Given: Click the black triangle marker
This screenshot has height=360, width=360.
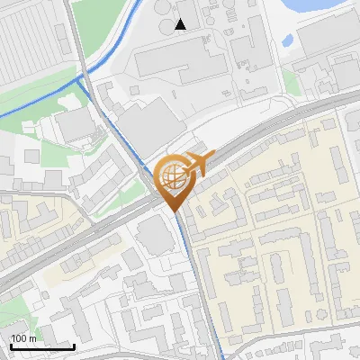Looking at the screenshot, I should [x=182, y=24].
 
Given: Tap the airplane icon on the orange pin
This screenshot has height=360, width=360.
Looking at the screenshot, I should [x=197, y=164].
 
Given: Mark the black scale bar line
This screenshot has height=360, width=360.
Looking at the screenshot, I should [x=42, y=346].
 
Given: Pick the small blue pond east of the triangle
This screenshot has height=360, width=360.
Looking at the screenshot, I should [x=287, y=40].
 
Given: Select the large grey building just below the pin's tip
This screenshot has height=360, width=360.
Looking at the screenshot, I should [x=158, y=237].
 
